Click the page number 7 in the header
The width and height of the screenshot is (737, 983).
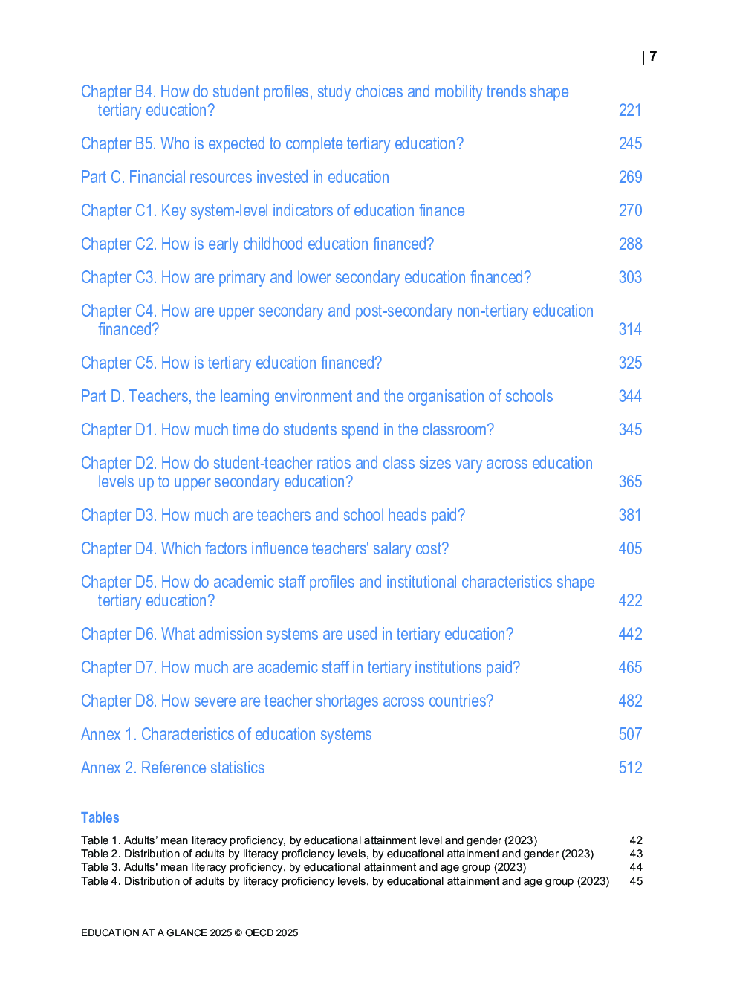[652, 56]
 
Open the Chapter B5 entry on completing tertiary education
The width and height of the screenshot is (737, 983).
[272, 143]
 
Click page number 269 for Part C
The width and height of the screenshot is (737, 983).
[630, 177]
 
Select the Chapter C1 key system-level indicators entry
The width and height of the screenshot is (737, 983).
[273, 210]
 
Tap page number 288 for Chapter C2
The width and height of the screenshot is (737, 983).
[630, 244]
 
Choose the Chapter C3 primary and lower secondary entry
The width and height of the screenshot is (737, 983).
[306, 277]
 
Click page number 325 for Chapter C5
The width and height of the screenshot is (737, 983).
[630, 363]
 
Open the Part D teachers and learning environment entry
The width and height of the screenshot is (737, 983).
[316, 396]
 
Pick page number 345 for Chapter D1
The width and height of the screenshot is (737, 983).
[630, 429]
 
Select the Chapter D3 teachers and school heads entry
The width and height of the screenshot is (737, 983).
[273, 515]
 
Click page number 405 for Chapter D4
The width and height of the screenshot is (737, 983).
[630, 548]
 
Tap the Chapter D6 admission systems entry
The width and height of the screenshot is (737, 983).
[297, 634]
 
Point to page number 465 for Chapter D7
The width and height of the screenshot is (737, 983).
[630, 667]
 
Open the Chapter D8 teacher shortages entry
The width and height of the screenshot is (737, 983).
[287, 701]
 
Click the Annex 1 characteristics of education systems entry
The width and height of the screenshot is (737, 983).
[226, 734]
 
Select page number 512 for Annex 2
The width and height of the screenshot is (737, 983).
[630, 768]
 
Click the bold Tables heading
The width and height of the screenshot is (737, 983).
[100, 817]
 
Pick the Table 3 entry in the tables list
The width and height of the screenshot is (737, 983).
[303, 867]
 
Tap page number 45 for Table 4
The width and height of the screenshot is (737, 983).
[636, 881]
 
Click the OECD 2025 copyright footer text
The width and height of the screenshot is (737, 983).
[189, 932]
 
